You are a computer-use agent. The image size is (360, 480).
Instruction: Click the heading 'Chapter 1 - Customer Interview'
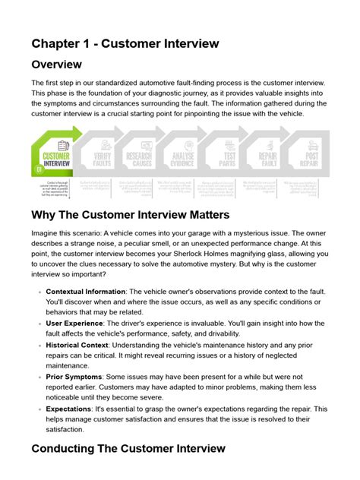click(125, 43)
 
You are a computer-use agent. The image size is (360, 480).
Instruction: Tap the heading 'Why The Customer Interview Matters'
click(130, 215)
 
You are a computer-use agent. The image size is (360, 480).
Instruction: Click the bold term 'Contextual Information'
click(86, 292)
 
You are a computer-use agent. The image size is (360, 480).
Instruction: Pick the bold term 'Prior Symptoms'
click(76, 376)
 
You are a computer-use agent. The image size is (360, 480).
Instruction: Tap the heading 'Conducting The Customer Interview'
click(128, 448)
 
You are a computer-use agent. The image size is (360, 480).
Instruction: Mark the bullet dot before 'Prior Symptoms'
click(39, 377)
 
